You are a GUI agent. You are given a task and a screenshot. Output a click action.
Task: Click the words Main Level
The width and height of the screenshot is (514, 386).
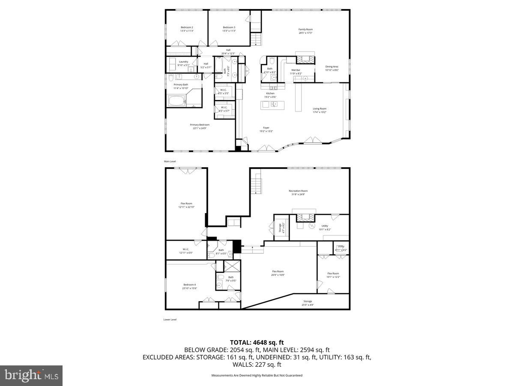point(170,161)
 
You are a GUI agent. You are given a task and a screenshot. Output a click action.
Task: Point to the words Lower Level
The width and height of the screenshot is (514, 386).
point(170,320)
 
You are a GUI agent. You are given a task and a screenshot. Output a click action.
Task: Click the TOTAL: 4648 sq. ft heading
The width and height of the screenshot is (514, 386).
point(257,342)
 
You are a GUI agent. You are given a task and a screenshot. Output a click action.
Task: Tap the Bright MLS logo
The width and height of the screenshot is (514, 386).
point(31,376)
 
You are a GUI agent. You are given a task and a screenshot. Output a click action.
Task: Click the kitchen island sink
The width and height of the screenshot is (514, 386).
point(274,105)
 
